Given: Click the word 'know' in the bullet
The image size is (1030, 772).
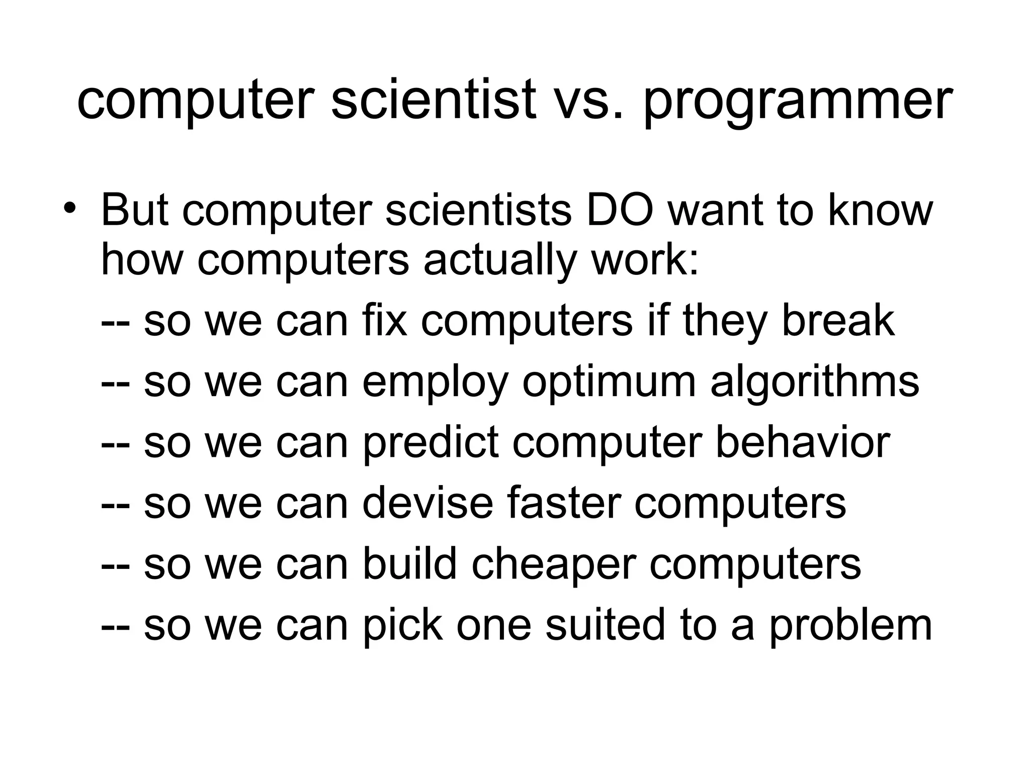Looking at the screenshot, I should click(880, 210).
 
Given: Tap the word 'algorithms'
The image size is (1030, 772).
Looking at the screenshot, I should click(815, 382).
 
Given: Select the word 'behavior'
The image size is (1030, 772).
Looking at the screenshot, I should click(803, 442).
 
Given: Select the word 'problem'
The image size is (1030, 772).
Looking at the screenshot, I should click(850, 626).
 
